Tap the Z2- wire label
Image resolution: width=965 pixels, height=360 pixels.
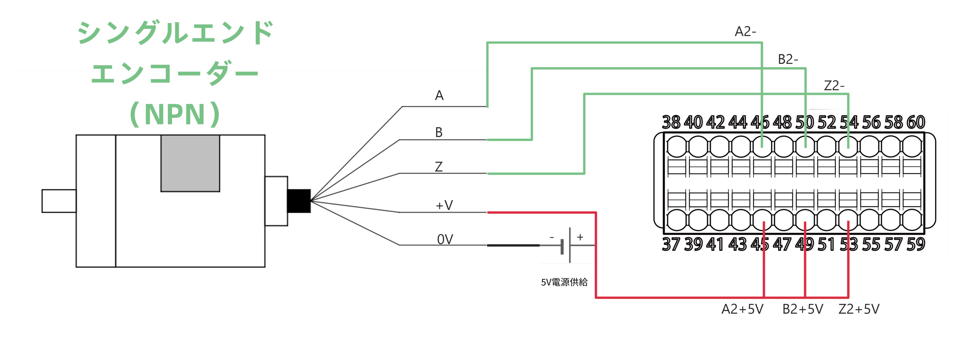834,86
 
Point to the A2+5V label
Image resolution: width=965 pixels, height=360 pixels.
742,309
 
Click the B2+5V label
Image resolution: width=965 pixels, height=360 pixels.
803,309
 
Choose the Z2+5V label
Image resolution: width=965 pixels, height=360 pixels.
859,309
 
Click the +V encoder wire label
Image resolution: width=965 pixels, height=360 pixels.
444,205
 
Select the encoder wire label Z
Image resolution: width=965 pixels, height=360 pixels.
439,167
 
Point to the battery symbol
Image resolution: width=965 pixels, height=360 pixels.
566,245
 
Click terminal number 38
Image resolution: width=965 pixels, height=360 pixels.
671,122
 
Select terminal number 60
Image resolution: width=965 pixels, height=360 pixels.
916,122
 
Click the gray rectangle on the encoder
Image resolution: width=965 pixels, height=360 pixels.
190,163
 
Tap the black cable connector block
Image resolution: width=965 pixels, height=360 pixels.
299,201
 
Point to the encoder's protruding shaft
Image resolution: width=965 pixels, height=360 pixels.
59,201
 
